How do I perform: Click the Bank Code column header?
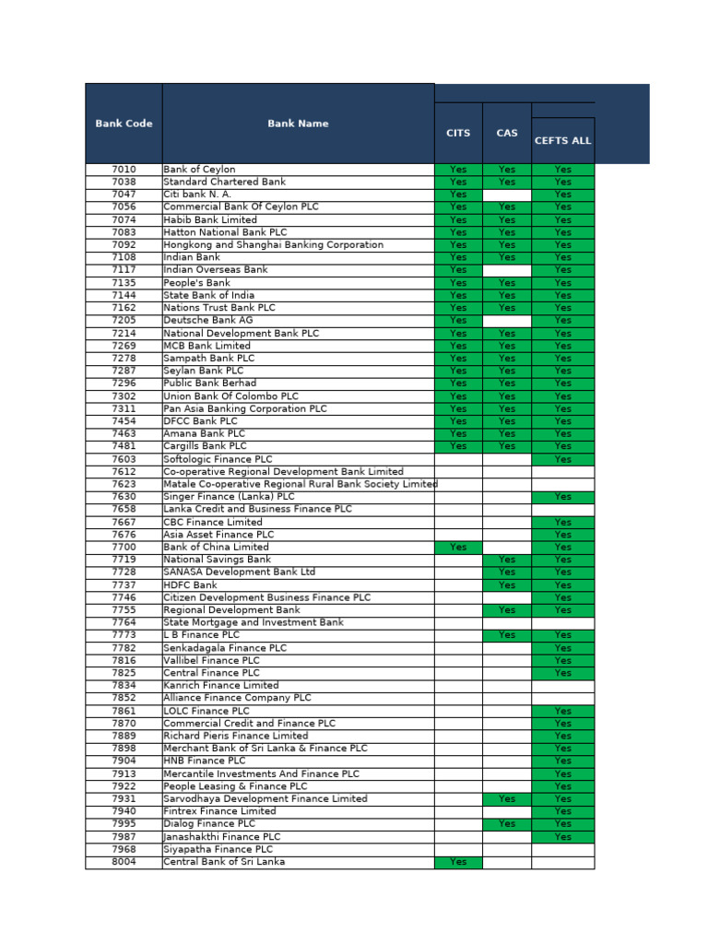pos(124,124)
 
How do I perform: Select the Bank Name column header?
pos(298,124)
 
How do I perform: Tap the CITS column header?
pos(458,133)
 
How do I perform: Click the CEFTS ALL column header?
pos(562,141)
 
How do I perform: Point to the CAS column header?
pos(507,133)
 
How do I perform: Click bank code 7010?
pos(124,170)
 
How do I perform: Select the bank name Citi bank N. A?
pos(197,195)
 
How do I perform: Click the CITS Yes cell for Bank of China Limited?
pos(458,547)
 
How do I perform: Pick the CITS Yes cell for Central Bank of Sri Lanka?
pos(458,862)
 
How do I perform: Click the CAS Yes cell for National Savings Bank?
pos(507,560)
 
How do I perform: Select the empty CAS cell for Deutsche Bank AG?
pos(507,320)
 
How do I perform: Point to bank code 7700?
pos(124,547)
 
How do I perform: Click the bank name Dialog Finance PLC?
pos(209,824)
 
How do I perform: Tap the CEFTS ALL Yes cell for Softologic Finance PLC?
pos(562,459)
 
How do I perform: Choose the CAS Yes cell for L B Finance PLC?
pos(507,635)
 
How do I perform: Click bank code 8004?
pos(124,862)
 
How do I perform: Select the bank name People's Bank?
pos(196,283)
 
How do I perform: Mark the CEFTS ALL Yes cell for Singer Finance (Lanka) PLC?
pos(562,497)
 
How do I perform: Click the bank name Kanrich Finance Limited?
pos(220,686)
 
